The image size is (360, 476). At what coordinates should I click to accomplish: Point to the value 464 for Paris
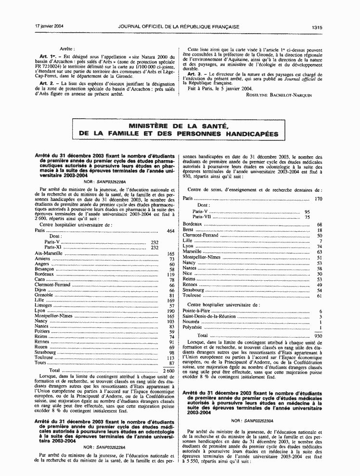click(x=170, y=231)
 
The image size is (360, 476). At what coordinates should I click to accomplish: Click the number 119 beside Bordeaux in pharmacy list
click(x=170, y=275)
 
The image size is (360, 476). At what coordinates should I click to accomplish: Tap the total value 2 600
click(x=168, y=371)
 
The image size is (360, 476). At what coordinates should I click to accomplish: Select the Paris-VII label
click(x=201, y=217)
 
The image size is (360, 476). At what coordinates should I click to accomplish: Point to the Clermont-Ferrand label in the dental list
click(x=201, y=236)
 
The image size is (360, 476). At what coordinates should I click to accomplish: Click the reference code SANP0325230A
click(x=253, y=420)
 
